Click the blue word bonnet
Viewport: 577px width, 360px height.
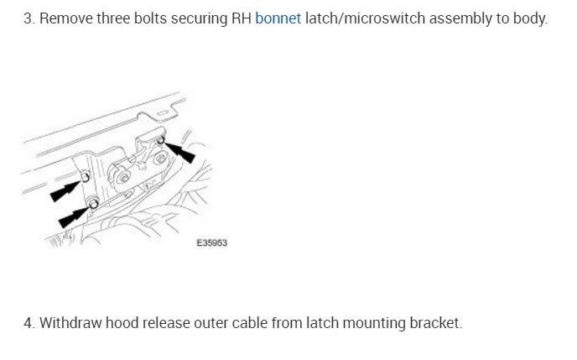pos(278,18)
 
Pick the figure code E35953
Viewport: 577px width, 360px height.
pos(212,243)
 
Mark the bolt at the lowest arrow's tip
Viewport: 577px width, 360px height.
pos(93,203)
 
